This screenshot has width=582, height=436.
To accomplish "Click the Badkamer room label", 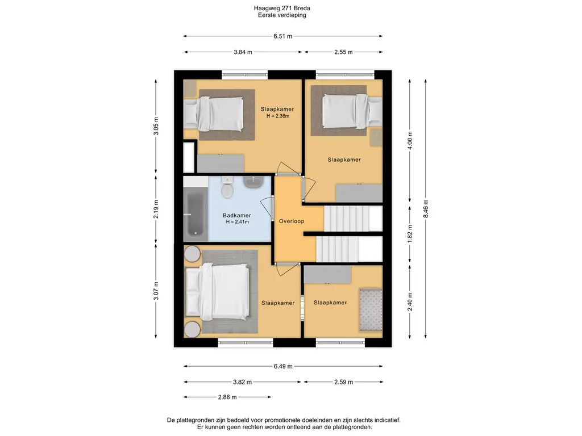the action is (x=237, y=215).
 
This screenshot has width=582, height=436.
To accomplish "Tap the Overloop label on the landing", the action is (x=292, y=221).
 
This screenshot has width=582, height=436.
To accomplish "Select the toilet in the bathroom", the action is (x=227, y=187).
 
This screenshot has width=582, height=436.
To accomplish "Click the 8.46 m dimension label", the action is (x=426, y=208).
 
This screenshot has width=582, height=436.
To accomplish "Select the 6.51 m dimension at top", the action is (x=283, y=36).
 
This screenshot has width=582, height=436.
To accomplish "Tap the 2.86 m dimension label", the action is (x=227, y=397).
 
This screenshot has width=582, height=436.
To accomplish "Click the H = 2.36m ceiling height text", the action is (x=277, y=116).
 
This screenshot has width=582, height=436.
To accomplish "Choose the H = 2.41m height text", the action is (x=237, y=222).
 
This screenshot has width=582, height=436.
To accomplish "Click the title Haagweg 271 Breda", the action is (x=282, y=8).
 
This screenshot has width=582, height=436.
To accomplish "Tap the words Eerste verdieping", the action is (x=282, y=15).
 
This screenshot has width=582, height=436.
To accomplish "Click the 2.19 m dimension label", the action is (x=156, y=209).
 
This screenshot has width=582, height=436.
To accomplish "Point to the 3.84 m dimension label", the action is (x=243, y=52).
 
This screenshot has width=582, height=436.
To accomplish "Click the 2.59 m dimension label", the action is (x=343, y=382).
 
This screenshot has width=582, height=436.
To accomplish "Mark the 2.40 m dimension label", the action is (x=410, y=302).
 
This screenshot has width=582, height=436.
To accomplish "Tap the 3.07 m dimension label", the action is (x=156, y=291).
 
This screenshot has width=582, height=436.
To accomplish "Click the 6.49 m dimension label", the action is (x=283, y=366).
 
